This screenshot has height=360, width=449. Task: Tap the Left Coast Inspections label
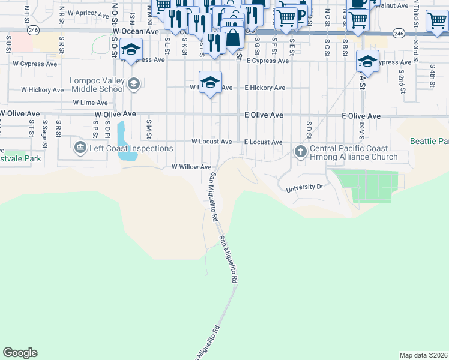[131, 148]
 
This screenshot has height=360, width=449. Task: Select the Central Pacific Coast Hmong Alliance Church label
[354, 152]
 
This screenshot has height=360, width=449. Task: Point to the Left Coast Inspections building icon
[80, 148]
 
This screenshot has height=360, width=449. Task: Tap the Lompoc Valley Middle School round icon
[133, 84]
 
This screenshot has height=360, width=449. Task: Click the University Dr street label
[304, 187]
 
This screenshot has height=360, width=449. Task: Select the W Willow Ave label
[191, 167]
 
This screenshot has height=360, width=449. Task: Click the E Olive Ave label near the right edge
[361, 116]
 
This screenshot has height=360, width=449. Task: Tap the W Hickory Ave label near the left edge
[42, 90]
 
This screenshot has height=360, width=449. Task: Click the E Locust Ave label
[263, 142]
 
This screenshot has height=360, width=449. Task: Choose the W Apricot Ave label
[88, 13]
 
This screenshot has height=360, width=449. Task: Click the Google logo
[20, 353]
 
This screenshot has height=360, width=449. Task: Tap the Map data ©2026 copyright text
[423, 355]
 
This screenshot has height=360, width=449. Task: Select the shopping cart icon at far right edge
[437, 20]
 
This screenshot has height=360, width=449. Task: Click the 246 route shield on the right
[399, 34]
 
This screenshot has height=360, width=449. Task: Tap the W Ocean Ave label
[136, 30]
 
